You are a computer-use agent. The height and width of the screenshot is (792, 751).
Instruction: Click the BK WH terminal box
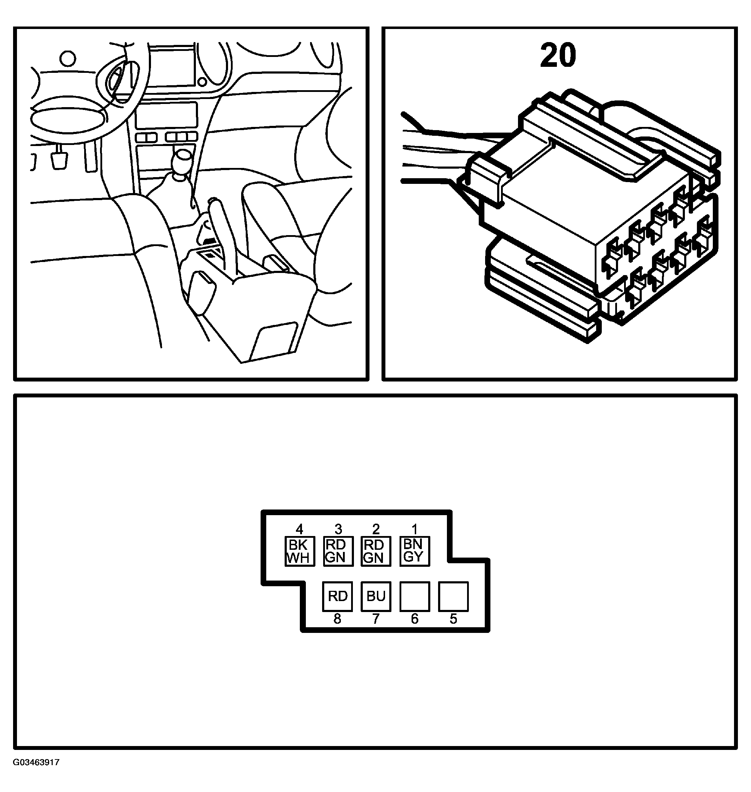click(x=299, y=551)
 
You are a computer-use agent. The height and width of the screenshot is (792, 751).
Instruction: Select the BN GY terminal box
click(x=415, y=551)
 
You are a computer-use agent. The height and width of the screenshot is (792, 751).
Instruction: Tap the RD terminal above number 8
click(x=337, y=596)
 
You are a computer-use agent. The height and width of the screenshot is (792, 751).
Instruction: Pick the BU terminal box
click(x=376, y=596)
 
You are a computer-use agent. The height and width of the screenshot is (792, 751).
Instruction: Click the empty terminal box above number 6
click(x=415, y=596)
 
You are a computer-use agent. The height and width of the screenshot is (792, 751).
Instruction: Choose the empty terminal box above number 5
click(x=453, y=596)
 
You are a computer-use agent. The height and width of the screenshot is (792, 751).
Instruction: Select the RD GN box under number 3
click(x=338, y=551)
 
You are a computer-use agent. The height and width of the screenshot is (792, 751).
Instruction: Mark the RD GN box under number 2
click(x=376, y=551)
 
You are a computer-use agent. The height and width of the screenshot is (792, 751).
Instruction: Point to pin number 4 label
click(x=299, y=529)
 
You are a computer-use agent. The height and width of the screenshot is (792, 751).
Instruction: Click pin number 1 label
click(x=415, y=529)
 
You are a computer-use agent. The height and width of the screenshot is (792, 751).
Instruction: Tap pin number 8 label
click(x=337, y=619)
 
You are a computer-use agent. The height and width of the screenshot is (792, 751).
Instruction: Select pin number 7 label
click(x=376, y=619)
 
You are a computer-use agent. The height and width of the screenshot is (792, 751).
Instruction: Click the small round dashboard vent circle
click(x=68, y=58)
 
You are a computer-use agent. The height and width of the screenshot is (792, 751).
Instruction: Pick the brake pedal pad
click(x=59, y=160)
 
